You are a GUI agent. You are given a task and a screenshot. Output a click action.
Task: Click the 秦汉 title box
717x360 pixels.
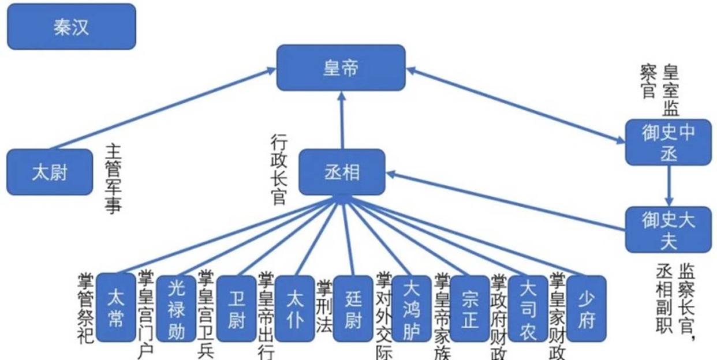click(x=72, y=27)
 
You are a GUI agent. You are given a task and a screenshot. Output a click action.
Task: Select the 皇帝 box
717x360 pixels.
click(x=341, y=68)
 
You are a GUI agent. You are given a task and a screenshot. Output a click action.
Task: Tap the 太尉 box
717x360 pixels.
click(x=50, y=172)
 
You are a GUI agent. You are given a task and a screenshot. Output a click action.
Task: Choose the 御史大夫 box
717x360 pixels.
click(x=669, y=230)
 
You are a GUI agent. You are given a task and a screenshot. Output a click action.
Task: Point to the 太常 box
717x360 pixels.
click(x=115, y=308)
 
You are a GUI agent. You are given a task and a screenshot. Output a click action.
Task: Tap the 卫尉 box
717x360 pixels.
click(x=236, y=308)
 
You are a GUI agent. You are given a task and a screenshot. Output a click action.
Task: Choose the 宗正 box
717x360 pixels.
click(x=469, y=308)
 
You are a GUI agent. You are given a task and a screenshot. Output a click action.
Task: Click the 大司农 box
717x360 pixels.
click(x=528, y=308)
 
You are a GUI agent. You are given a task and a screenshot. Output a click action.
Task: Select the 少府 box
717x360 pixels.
click(x=587, y=308)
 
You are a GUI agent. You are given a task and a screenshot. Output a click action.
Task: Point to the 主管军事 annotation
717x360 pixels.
click(x=113, y=179)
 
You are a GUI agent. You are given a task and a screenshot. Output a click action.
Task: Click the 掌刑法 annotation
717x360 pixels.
click(x=324, y=306)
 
